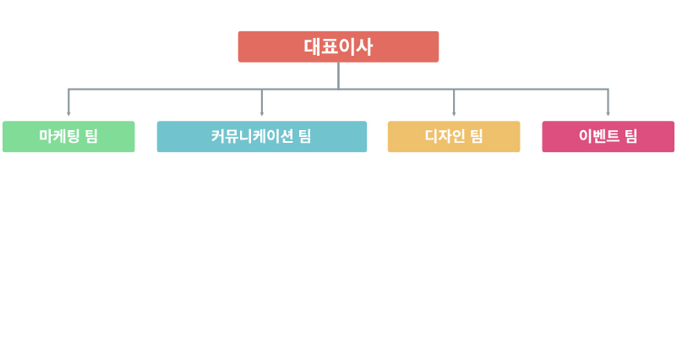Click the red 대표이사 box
[x=338, y=46]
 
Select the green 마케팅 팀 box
[x=68, y=136]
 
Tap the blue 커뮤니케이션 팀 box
[x=262, y=136]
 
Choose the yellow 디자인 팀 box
[x=454, y=136]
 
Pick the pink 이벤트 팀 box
[x=608, y=136]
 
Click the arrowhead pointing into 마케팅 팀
[x=68, y=114]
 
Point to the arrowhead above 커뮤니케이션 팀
[x=262, y=114]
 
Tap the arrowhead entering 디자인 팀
[x=454, y=114]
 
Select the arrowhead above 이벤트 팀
[x=608, y=114]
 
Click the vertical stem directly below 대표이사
[x=338, y=75]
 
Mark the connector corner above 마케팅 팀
[x=68, y=90]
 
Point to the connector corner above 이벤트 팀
[x=608, y=90]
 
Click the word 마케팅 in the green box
[x=59, y=136]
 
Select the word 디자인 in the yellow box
[x=445, y=136]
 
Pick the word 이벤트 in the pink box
[x=599, y=136]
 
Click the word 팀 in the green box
[x=91, y=136]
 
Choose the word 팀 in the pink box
[x=631, y=136]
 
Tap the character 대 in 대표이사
[x=312, y=46]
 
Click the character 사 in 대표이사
[x=364, y=46]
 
